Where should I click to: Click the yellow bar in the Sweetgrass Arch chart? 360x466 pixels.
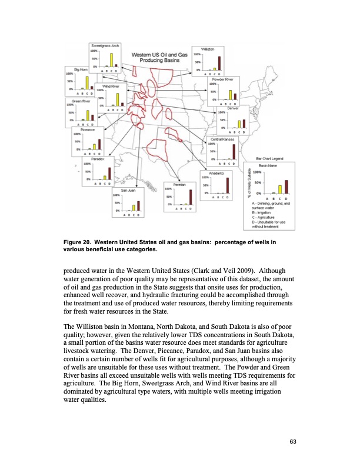(x=111, y=60)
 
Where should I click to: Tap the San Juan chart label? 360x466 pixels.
(x=129, y=191)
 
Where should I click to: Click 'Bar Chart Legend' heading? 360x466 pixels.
(x=271, y=158)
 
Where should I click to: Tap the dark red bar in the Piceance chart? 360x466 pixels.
(x=99, y=144)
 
